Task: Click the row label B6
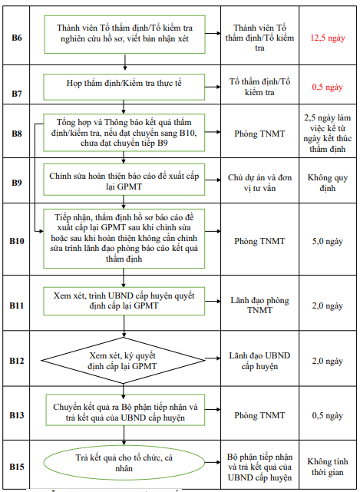18,35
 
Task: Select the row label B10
18,241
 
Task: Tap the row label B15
18,466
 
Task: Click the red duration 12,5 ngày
327,36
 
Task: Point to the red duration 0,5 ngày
327,87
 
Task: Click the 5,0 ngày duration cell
327,241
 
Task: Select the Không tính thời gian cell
327,466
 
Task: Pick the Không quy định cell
327,183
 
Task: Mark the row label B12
18,361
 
